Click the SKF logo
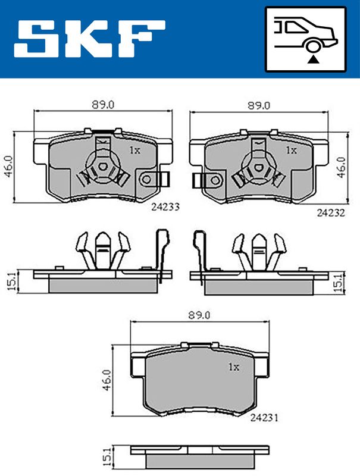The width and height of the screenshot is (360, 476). (89, 39)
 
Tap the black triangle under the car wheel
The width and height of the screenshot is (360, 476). (313, 60)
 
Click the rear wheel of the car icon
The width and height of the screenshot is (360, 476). (313, 46)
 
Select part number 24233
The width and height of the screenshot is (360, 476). (165, 207)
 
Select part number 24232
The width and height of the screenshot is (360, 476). (331, 213)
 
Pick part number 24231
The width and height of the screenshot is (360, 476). (264, 418)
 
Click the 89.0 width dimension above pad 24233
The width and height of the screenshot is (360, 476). (103, 105)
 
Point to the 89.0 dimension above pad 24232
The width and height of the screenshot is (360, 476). (259, 106)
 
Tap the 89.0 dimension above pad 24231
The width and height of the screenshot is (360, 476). (199, 315)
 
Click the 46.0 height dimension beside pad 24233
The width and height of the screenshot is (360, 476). (8, 167)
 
